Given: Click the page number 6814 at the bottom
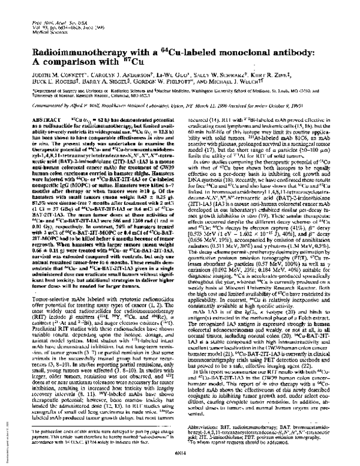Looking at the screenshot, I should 179,454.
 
